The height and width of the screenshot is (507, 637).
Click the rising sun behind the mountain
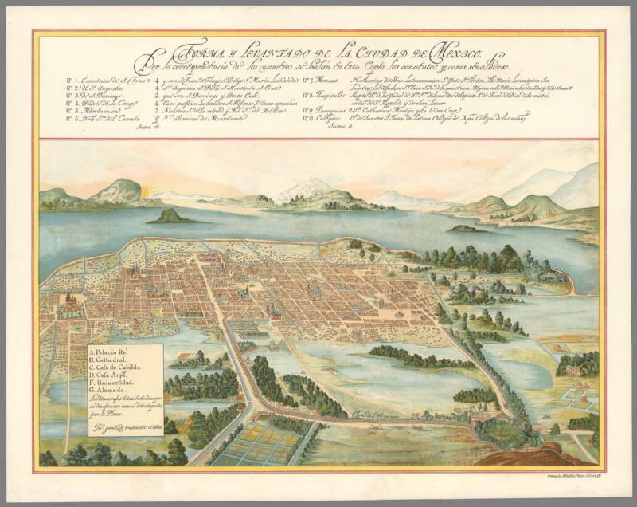click(147, 190)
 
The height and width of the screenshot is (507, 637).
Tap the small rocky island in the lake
click(169, 216)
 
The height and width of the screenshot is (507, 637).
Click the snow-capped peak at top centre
click(307, 187)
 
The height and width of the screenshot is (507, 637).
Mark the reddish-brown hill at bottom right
click(549, 458)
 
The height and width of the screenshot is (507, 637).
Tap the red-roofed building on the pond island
click(188, 356)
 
